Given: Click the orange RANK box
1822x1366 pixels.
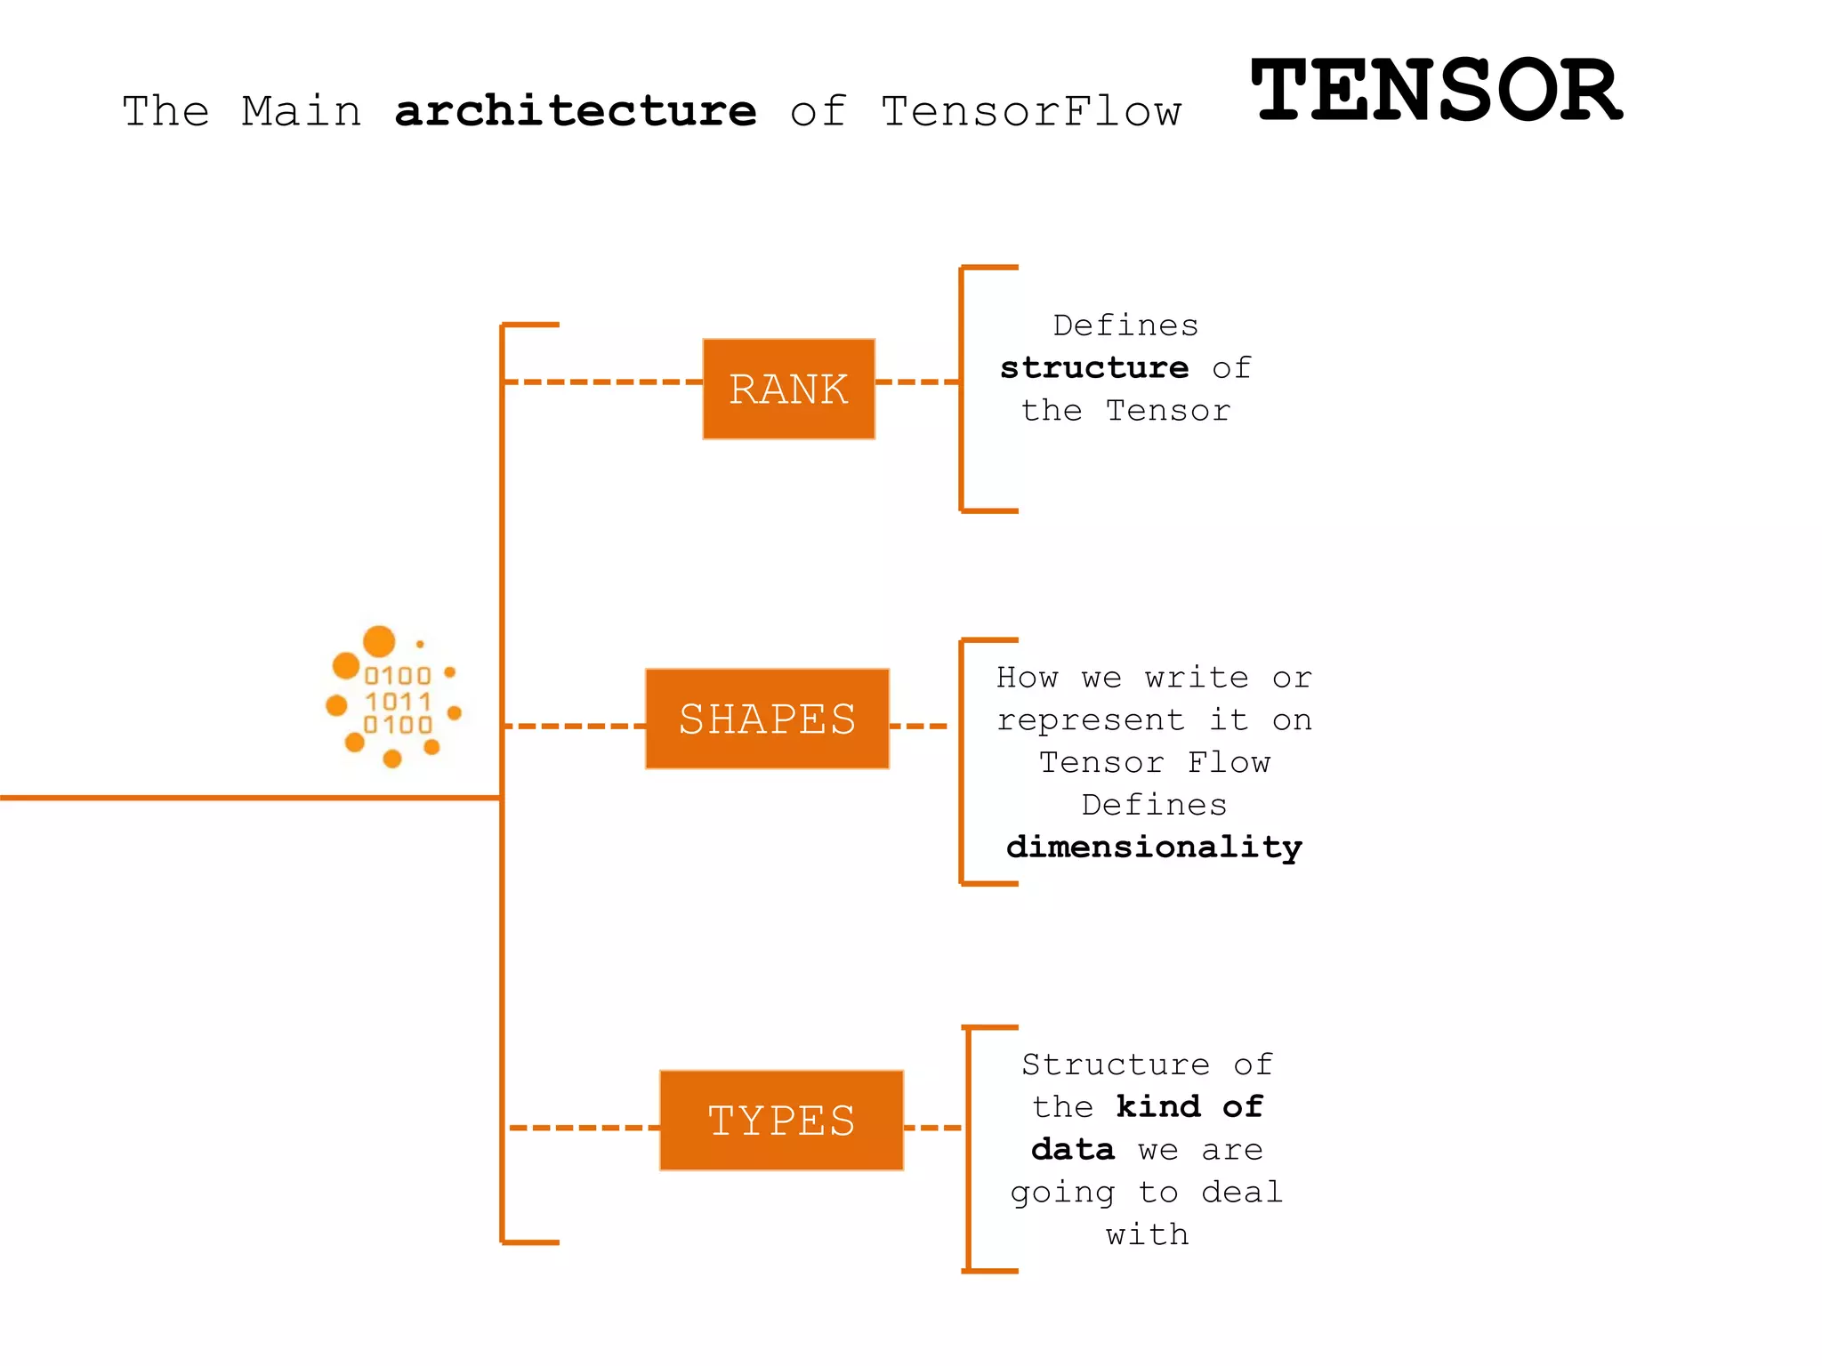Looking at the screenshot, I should (x=788, y=389).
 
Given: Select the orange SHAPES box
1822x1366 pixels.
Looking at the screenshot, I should (x=767, y=719).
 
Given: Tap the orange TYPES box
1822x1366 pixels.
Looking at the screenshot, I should (x=781, y=1121).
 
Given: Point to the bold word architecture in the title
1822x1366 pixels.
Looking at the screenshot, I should (x=576, y=112).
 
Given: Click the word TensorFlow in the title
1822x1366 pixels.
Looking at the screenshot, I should (x=1031, y=112).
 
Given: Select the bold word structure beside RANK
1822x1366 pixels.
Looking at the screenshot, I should (x=1094, y=368).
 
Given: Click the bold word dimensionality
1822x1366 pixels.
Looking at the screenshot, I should (x=1154, y=847).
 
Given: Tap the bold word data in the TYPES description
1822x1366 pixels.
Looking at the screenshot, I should (x=1072, y=1150).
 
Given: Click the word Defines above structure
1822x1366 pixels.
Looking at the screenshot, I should (x=1125, y=325).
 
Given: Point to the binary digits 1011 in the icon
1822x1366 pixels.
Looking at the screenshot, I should (x=398, y=702).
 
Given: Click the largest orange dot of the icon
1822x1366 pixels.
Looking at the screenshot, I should (x=379, y=641).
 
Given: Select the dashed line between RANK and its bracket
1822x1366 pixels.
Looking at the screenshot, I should (x=916, y=382).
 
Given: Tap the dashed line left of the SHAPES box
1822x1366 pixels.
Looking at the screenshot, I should (x=574, y=727).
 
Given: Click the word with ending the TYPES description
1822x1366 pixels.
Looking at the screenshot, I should (x=1147, y=1234).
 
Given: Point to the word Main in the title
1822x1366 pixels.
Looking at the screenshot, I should (x=302, y=112).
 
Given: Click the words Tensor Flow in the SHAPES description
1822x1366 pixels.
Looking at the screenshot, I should (x=1154, y=763).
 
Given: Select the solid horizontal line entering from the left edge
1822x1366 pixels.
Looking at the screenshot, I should (x=249, y=798).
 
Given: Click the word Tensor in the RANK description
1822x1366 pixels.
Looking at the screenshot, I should (x=1167, y=411).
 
